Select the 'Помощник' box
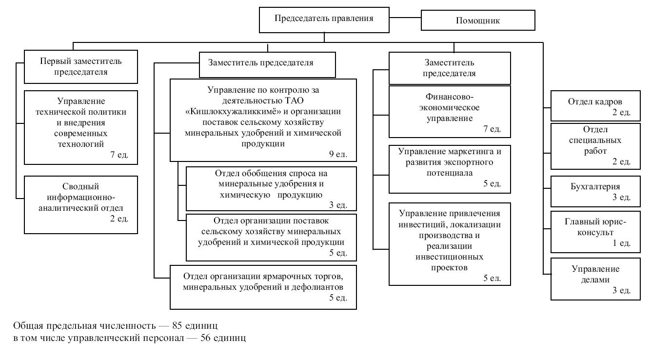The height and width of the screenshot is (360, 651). click(478, 20)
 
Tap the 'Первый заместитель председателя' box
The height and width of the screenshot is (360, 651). click(80, 67)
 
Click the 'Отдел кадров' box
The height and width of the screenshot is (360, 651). click(595, 105)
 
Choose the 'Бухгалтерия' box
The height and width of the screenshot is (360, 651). click(595, 192)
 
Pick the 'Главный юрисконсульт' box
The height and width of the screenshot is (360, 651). click(595, 232)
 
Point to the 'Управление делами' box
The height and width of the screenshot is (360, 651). click(595, 279)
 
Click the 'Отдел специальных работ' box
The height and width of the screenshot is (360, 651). click(595, 146)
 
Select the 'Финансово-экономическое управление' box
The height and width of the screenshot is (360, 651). click(450, 112)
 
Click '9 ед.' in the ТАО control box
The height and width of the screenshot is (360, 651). click(338, 154)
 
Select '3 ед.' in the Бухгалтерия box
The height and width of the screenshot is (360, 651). click(622, 197)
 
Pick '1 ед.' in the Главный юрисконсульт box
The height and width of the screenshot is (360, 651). click(622, 242)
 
